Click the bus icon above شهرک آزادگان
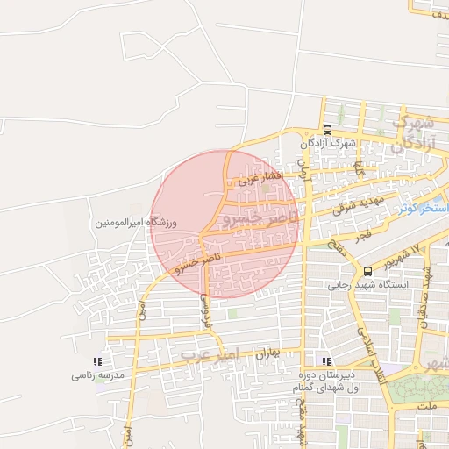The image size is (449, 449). click(327, 130)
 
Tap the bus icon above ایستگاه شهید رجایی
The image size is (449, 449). click(367, 271)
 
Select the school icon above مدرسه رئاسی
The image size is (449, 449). click(97, 361)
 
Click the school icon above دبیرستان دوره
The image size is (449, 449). click(327, 361)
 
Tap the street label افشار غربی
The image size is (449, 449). click(260, 178)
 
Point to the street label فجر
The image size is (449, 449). click(362, 236)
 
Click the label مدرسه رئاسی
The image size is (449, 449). click(99, 375)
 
